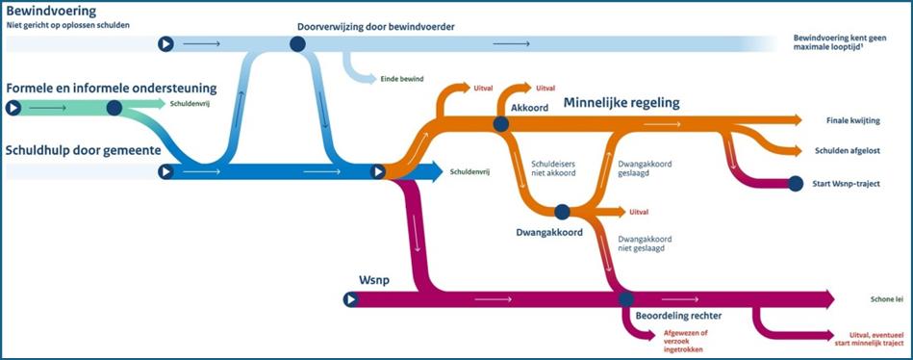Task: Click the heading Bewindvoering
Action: [51, 11]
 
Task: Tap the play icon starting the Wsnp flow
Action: [350, 299]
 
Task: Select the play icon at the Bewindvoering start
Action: [165, 43]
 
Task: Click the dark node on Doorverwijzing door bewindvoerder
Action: [296, 43]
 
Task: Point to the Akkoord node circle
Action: [500, 124]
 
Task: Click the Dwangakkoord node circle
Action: [562, 212]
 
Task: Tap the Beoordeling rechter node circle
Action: [626, 299]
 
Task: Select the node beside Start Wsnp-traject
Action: [796, 183]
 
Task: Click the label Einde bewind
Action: [403, 79]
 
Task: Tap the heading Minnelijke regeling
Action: [621, 103]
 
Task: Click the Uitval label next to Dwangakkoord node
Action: [639, 212]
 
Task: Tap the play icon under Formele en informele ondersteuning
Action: [13, 108]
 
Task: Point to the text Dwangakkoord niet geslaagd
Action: [645, 244]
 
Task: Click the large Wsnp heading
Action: [376, 278]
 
